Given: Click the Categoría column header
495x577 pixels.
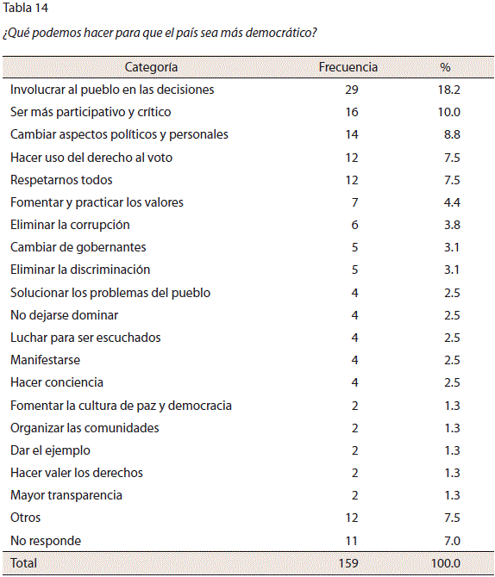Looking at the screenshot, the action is coord(151,67).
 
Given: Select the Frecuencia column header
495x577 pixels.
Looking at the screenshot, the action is coord(348,67).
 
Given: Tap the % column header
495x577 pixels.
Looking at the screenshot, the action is coord(445,67).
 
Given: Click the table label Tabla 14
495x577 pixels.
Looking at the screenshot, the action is coord(25,8).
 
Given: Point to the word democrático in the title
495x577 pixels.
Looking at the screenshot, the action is coord(281,33).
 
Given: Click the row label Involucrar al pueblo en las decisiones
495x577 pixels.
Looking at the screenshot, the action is coord(112,90).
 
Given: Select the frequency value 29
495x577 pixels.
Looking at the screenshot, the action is coord(352,90).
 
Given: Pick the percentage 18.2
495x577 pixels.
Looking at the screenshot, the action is coord(449,90).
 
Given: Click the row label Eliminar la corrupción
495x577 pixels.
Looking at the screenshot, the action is coord(70,225).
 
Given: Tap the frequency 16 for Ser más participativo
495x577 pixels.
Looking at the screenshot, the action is coord(352,112).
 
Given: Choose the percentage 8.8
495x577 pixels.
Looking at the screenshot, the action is coord(452,134).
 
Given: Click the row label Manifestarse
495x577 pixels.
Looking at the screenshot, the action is coord(45,360).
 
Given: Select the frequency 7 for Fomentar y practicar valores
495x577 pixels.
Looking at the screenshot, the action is coord(354,202).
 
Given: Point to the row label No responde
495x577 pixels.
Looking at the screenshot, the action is coord(46,541).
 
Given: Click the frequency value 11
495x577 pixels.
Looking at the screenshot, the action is coord(352,541).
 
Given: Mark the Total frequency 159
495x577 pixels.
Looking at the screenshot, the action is coord(348,563).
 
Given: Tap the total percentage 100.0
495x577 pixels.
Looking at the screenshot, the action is coord(446,563).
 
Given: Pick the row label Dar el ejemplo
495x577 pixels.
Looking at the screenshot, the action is coord(50,450).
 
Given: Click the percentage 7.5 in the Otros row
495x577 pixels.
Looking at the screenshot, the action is coord(452,518).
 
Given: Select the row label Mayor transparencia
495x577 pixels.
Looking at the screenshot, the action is coord(66,495).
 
